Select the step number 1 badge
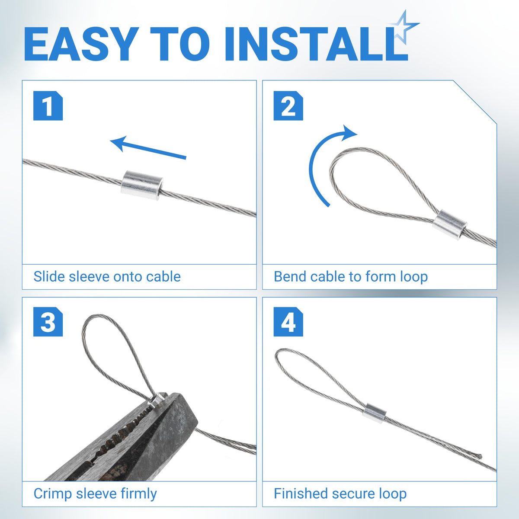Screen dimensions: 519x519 click(48, 106)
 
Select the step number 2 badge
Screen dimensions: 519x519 click(288, 106)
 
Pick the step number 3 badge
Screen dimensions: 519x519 click(48, 322)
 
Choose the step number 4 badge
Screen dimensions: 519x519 click(288, 322)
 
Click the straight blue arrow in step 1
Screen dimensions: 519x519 click(148, 148)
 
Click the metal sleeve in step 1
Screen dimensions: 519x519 click(142, 185)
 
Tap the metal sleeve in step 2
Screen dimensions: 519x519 click(449, 225)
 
